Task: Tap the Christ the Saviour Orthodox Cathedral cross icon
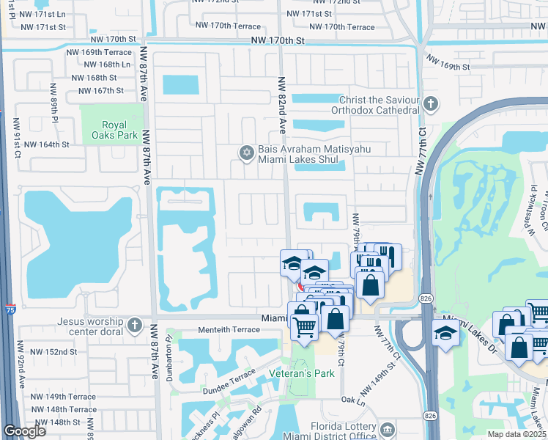coord(431,104)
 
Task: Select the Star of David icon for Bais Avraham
coord(247,153)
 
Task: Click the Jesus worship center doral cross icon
coord(134,325)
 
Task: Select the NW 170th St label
coord(277,41)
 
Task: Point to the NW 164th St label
coord(50,144)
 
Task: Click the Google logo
coord(24,431)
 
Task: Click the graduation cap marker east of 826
coord(445,333)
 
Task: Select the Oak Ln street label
coord(352,400)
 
